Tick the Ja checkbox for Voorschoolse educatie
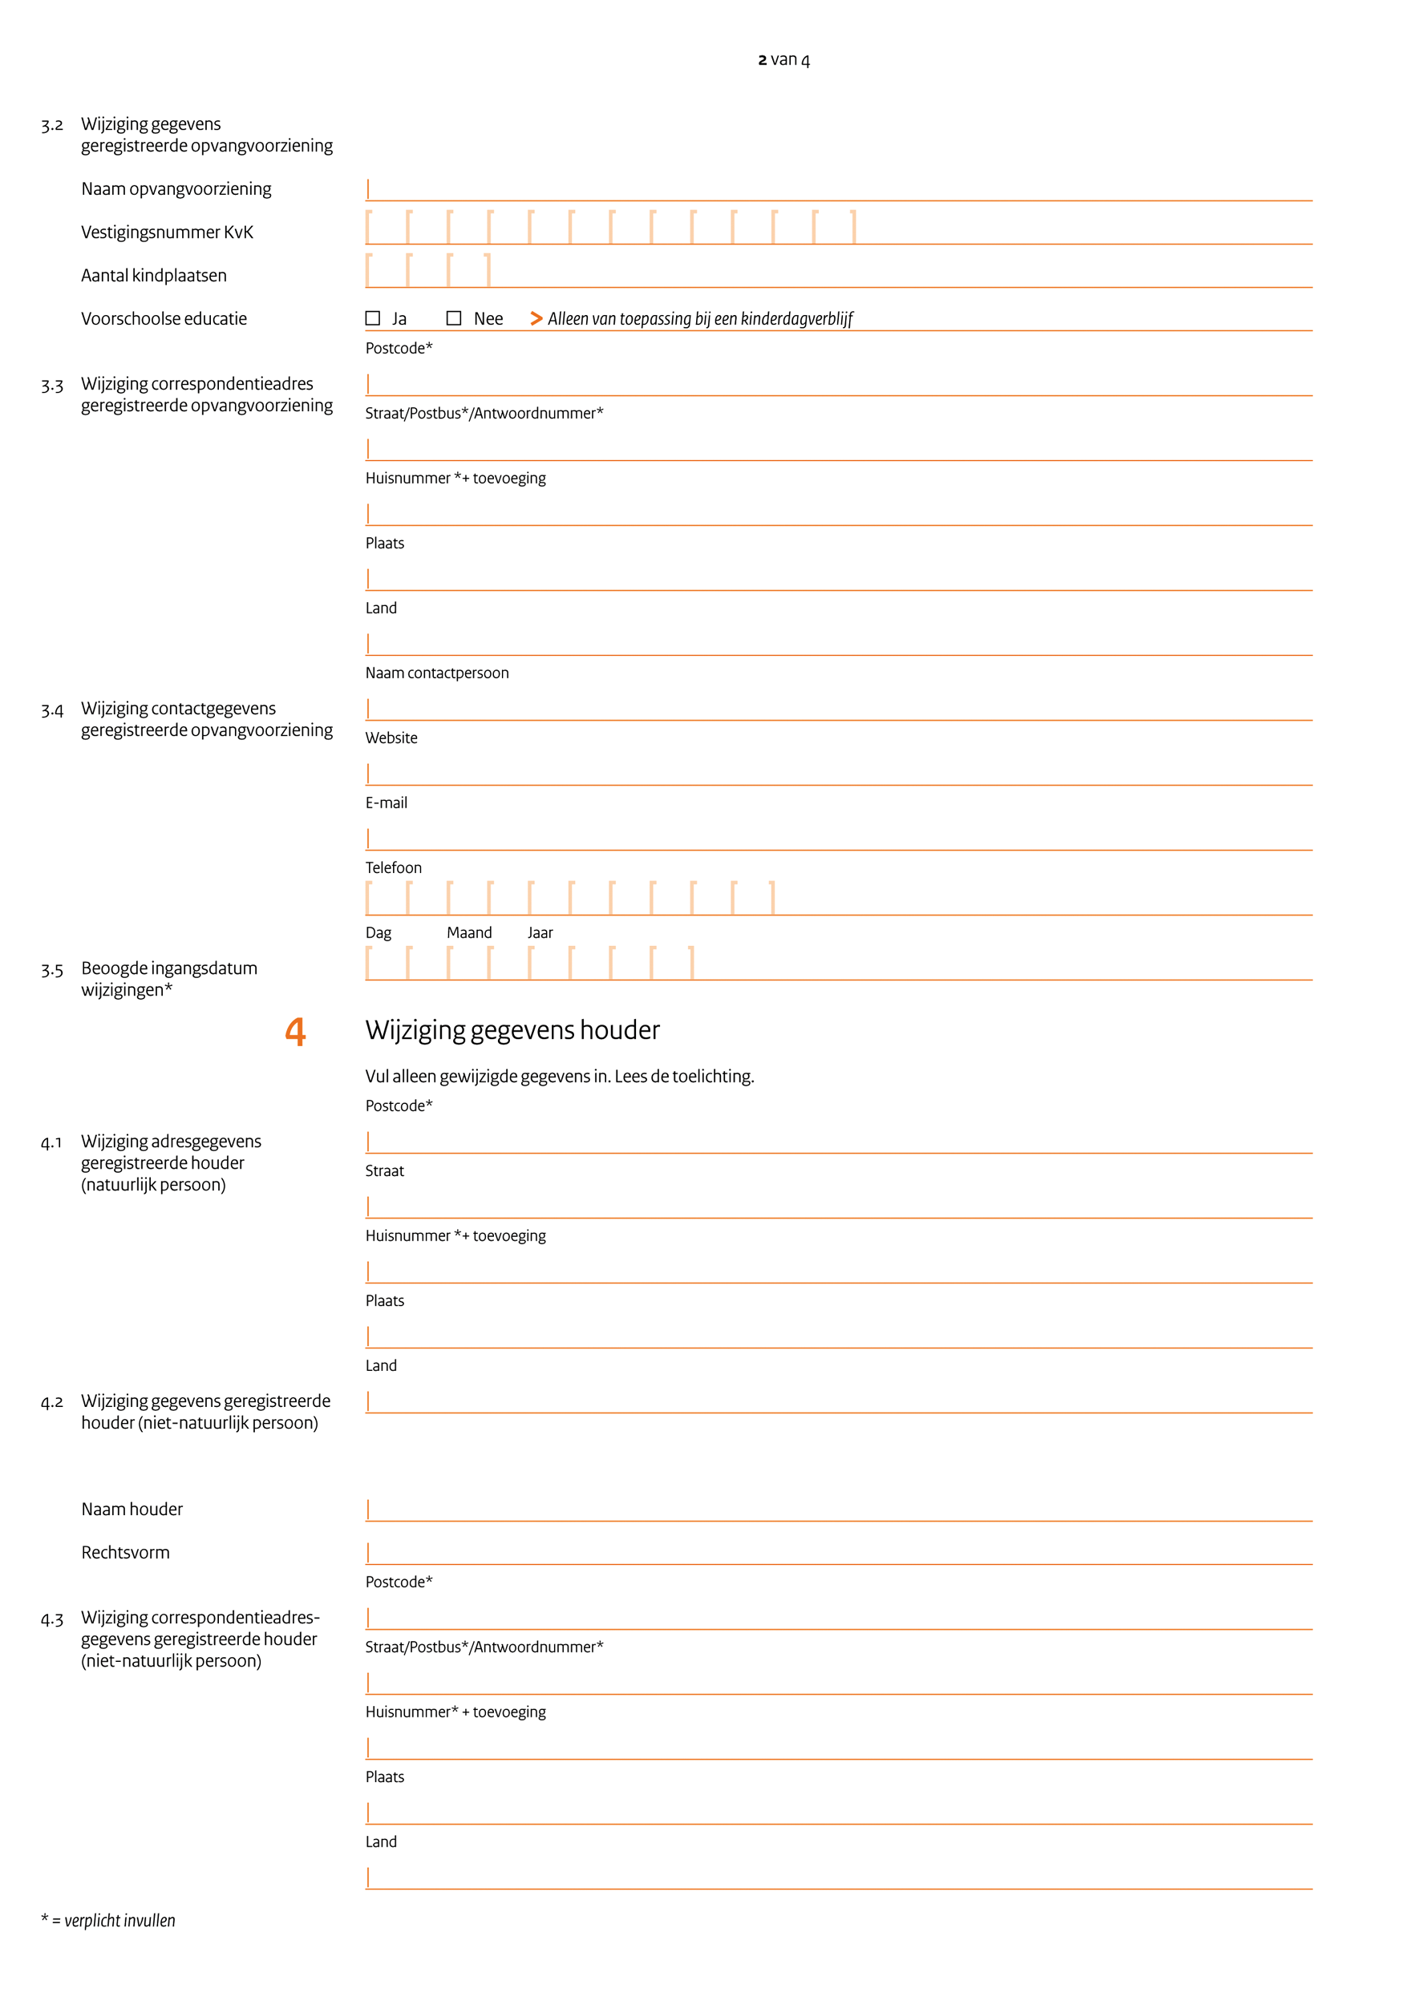(373, 318)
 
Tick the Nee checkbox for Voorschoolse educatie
(453, 318)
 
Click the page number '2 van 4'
(783, 60)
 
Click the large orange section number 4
(296, 1032)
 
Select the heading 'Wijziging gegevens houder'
(512, 1030)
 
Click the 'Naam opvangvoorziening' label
(176, 189)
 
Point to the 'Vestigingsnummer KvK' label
(167, 232)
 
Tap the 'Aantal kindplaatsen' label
(154, 276)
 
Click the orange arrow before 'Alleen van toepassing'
(536, 318)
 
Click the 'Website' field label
(391, 738)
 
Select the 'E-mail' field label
(386, 803)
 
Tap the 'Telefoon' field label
(393, 868)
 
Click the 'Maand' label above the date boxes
(469, 933)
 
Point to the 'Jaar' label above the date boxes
(540, 933)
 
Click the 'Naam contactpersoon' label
(436, 673)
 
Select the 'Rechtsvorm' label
(125, 1553)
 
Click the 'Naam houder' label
(132, 1510)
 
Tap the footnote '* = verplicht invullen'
(108, 1921)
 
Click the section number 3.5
(51, 970)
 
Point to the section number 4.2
(51, 1403)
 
